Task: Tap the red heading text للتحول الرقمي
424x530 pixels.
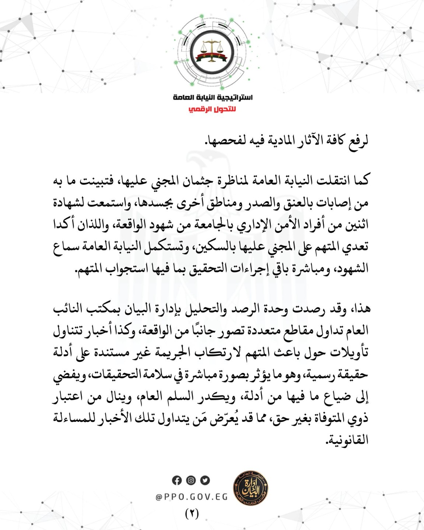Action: (x=212, y=109)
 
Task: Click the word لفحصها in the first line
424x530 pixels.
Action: (x=221, y=141)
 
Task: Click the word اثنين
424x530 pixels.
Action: (x=356, y=225)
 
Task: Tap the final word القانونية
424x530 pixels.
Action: (x=348, y=440)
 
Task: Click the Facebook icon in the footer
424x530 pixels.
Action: (x=177, y=480)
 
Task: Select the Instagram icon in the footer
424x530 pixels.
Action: (x=191, y=480)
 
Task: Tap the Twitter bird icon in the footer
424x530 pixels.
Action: (x=205, y=480)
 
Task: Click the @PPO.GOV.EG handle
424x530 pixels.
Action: (x=192, y=497)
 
